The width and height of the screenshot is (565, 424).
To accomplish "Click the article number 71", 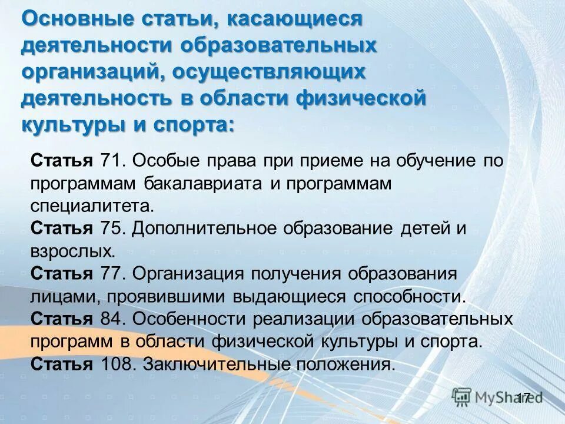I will click(111, 161).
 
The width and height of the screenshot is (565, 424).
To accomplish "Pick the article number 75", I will click(111, 228).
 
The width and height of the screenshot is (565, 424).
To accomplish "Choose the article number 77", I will click(111, 274).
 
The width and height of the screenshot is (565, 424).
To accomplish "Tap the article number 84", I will click(111, 319).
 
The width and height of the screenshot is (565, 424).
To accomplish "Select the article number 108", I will click(117, 364).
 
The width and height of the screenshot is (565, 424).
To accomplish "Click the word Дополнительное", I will click(207, 228).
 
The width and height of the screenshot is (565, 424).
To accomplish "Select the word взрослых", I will click(71, 251).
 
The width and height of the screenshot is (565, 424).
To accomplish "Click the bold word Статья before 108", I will click(61, 364).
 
